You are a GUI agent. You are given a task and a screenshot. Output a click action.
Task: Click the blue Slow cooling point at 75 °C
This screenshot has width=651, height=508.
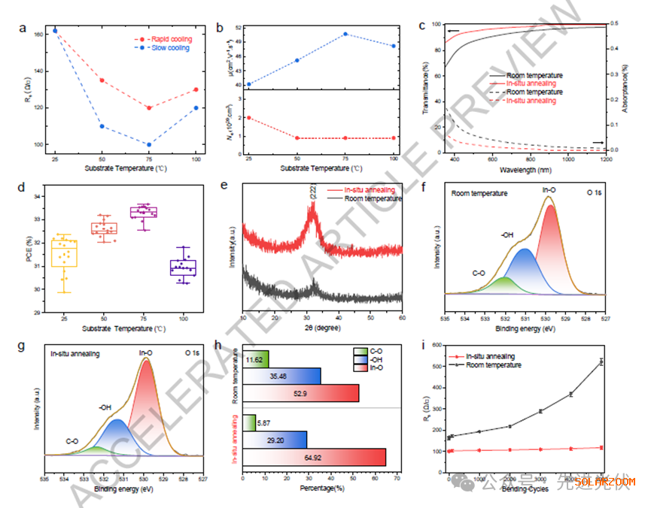149,144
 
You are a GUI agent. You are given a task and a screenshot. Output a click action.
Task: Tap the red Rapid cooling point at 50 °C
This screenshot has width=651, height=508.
102,80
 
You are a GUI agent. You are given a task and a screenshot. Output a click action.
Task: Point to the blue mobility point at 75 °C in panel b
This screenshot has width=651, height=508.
345,34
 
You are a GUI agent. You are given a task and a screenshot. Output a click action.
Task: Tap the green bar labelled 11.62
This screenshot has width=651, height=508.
256,359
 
